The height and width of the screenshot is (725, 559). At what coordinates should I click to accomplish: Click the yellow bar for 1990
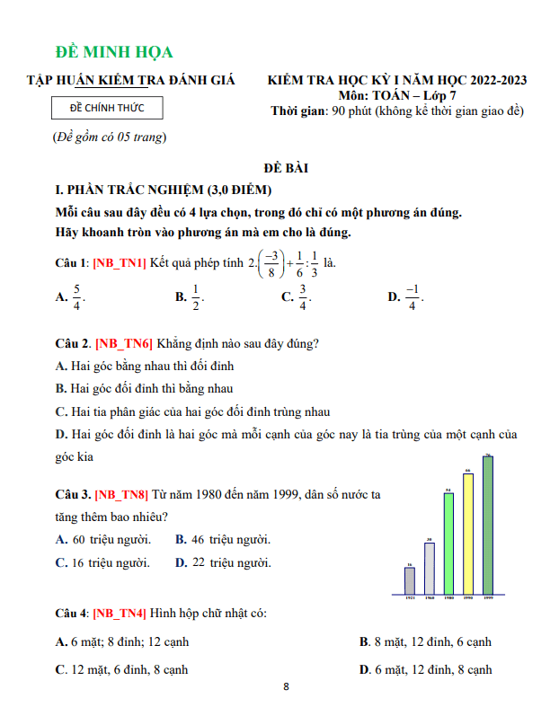pyautogui.click(x=468, y=534)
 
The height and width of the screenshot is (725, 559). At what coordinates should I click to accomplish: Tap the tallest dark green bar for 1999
pyautogui.click(x=488, y=526)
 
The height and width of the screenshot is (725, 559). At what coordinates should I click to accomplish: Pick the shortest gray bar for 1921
pyautogui.click(x=410, y=580)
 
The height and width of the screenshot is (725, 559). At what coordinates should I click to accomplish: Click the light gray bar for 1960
pyautogui.click(x=430, y=569)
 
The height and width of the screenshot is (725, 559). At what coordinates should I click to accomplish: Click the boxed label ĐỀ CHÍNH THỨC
pyautogui.click(x=109, y=109)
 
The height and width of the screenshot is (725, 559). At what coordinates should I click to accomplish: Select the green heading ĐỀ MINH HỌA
pyautogui.click(x=114, y=52)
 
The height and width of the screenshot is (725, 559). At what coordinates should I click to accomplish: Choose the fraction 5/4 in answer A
pyautogui.click(x=77, y=296)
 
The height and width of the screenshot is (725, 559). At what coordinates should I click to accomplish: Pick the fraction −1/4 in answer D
pyautogui.click(x=413, y=296)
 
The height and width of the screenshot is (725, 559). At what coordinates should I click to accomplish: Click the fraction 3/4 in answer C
pyautogui.click(x=303, y=296)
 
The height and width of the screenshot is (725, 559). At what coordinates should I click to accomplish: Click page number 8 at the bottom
pyautogui.click(x=286, y=688)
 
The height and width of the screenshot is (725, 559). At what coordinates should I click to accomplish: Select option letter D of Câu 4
pyautogui.click(x=364, y=669)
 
